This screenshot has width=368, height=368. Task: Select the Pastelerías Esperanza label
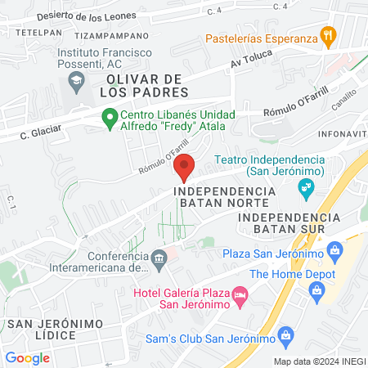[259, 38]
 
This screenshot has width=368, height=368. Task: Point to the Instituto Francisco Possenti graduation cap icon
[75, 79]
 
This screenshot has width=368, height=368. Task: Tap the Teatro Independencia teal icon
[306, 190]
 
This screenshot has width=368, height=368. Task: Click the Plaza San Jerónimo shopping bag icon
[334, 249]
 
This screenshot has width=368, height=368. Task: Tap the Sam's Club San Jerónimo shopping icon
[285, 334]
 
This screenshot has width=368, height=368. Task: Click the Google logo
[28, 357]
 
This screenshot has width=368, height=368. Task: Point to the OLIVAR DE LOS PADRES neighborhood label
[147, 85]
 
